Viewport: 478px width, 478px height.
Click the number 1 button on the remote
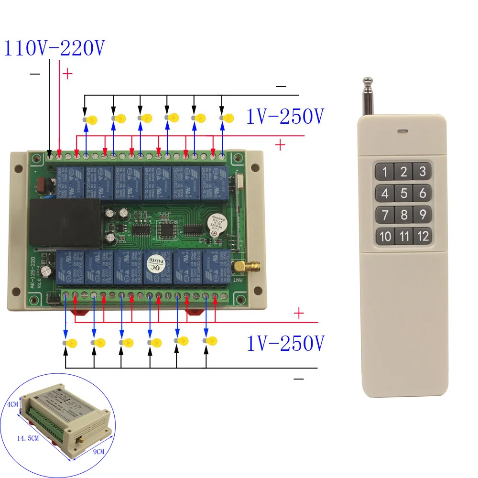point(385,171)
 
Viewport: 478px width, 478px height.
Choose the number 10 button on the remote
point(385,236)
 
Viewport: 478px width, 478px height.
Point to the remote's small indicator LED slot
point(402,130)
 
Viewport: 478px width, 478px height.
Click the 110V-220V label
point(54,49)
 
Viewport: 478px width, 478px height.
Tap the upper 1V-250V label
point(285,117)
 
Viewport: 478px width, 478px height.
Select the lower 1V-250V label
point(285,343)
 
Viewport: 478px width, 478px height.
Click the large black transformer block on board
point(65,221)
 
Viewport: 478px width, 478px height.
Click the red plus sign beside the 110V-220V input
point(67,74)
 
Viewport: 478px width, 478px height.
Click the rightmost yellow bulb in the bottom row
point(210,341)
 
